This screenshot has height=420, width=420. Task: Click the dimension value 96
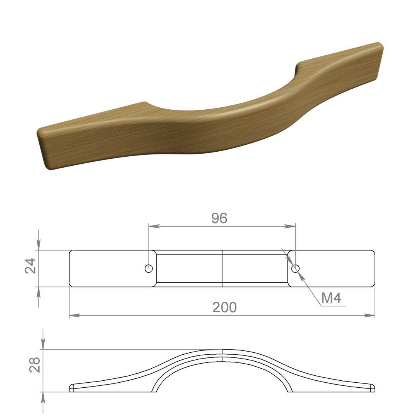click(x=219, y=218)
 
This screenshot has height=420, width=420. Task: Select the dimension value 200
click(x=224, y=307)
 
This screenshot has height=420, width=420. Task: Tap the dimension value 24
click(x=30, y=266)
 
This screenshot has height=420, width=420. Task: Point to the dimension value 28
click(x=35, y=365)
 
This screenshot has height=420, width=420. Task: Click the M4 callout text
click(x=331, y=298)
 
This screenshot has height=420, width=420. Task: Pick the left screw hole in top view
click(x=149, y=268)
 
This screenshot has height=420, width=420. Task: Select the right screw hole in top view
click(x=295, y=268)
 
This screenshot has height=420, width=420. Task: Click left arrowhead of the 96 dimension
click(x=154, y=226)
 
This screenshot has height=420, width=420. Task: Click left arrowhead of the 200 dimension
click(x=75, y=315)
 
